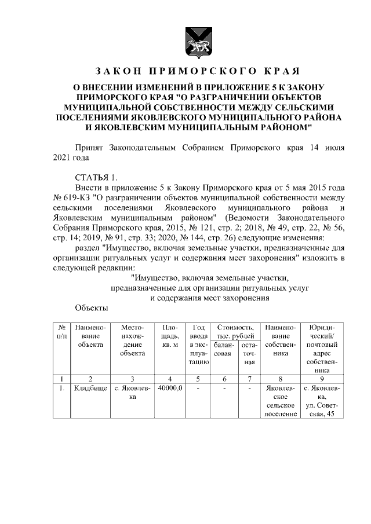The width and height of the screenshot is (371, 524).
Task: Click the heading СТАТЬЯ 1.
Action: pyautogui.click(x=96, y=177)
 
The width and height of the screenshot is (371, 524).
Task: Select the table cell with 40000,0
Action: pyautogui.click(x=170, y=388)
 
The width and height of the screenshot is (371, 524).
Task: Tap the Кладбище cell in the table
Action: pyautogui.click(x=90, y=388)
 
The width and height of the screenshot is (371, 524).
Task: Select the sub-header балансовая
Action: pyautogui.click(x=223, y=353)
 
